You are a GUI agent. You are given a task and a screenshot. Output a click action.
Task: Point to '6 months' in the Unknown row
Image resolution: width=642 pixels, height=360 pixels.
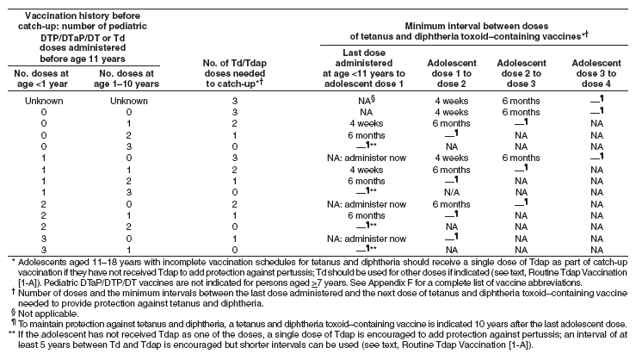(523, 101)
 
